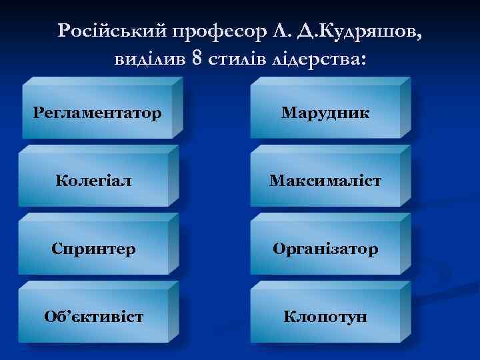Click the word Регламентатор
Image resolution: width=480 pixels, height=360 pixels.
97,113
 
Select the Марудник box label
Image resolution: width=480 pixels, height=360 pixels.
325,113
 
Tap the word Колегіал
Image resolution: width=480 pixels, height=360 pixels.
94,181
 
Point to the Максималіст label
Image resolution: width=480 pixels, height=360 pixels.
325,181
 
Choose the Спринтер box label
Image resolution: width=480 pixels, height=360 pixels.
94,249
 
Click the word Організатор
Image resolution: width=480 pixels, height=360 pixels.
325,249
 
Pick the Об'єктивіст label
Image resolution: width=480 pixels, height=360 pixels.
94,316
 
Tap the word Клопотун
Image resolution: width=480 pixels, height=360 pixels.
325,316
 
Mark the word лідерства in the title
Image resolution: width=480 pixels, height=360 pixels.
319,58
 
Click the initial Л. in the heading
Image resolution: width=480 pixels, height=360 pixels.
279,30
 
